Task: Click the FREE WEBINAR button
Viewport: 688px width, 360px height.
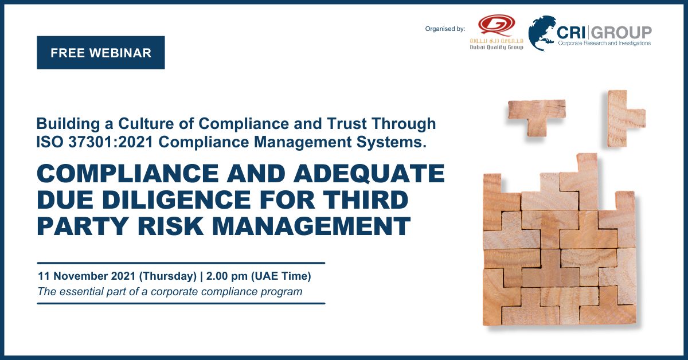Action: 101,53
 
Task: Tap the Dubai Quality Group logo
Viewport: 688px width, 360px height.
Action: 497,32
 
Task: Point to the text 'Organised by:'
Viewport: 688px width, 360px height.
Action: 445,29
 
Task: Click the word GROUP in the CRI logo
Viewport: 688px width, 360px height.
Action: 621,33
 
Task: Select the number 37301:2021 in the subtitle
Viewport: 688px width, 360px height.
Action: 111,142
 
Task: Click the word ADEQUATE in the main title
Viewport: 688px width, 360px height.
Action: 369,173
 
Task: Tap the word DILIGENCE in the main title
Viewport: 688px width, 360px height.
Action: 177,199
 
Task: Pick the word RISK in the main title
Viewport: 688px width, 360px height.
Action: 170,226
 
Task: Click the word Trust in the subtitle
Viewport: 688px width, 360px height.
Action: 346,123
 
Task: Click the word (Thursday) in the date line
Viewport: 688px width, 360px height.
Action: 167,276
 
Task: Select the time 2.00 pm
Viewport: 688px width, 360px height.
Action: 226,276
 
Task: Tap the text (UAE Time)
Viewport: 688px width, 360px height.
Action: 281,276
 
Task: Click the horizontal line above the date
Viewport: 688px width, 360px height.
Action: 181,263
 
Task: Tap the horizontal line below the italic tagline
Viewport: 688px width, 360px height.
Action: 181,303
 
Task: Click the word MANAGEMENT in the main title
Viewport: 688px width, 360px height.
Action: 311,226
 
